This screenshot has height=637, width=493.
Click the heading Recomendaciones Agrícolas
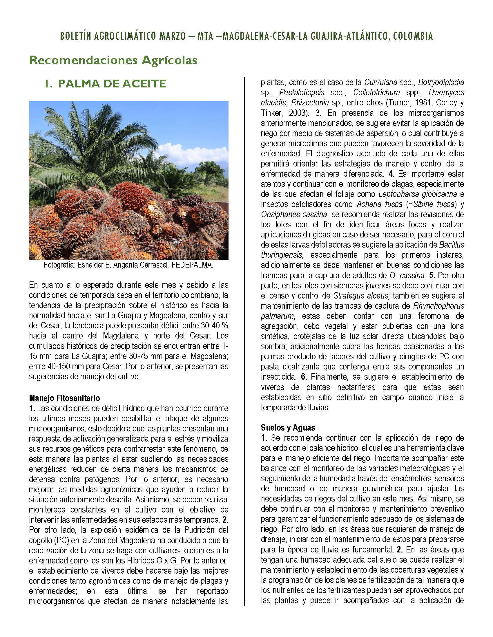(x=113, y=61)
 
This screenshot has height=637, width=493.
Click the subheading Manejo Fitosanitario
(x=64, y=398)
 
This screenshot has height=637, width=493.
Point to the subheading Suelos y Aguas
(x=288, y=428)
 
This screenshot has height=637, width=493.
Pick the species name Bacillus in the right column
(x=452, y=245)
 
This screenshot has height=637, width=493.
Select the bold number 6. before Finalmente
(x=304, y=376)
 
